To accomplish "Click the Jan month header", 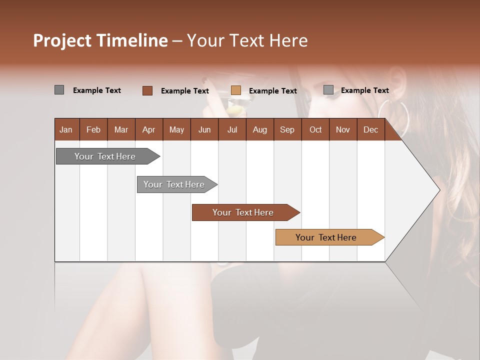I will [66, 129].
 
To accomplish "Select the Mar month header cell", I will [121, 129].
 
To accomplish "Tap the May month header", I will [176, 129].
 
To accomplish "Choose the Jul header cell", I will [232, 129].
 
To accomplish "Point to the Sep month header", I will [287, 129].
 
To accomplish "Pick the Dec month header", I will [370, 129].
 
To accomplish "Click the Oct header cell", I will [315, 129].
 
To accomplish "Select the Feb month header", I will [93, 129].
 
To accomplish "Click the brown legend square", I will [147, 90].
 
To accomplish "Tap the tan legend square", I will [236, 90].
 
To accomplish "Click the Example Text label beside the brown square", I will [184, 91].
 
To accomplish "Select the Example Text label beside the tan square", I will [272, 91].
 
